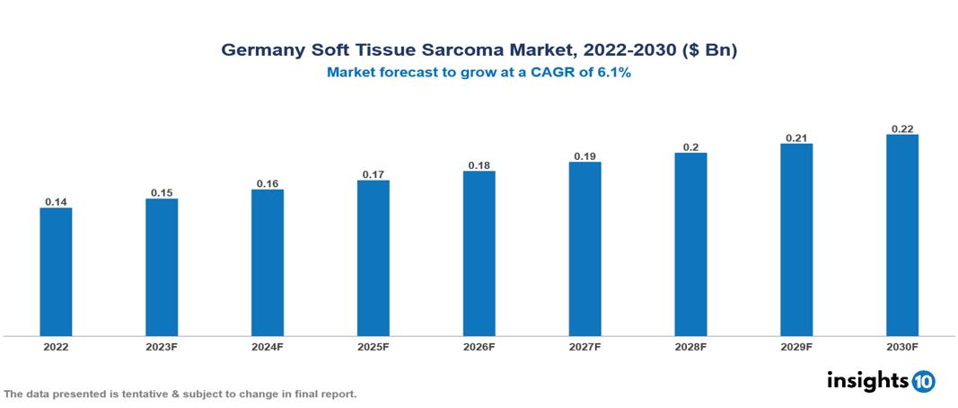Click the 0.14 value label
coord(56,201)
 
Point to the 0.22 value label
coord(902,129)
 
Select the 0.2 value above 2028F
coord(690,146)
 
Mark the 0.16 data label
coord(268,183)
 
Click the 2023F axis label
coord(162,346)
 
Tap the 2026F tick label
coord(479,346)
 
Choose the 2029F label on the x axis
coord(796,346)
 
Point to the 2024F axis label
coord(268,346)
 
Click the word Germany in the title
coord(260,50)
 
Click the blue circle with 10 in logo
coord(923,381)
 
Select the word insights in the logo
coord(867,380)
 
